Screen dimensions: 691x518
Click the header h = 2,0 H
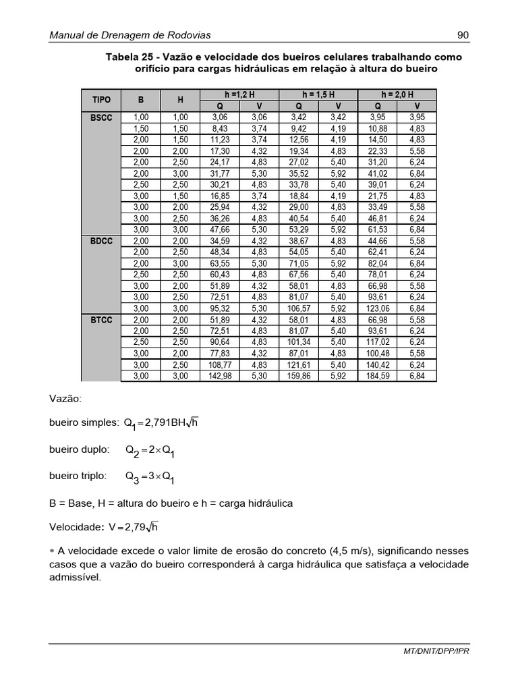pyautogui.click(x=397, y=94)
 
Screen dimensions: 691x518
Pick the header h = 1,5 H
pyautogui.click(x=318, y=94)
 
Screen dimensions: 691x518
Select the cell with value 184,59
pyautogui.click(x=378, y=377)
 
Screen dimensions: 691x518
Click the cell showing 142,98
pyautogui.click(x=220, y=377)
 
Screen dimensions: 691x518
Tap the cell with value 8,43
pyautogui.click(x=220, y=128)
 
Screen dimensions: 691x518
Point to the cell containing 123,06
pyautogui.click(x=378, y=308)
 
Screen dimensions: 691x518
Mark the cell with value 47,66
pyautogui.click(x=220, y=229)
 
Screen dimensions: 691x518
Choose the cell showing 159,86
pyautogui.click(x=299, y=377)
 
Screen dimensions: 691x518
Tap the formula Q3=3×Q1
pyautogui.click(x=150, y=477)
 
